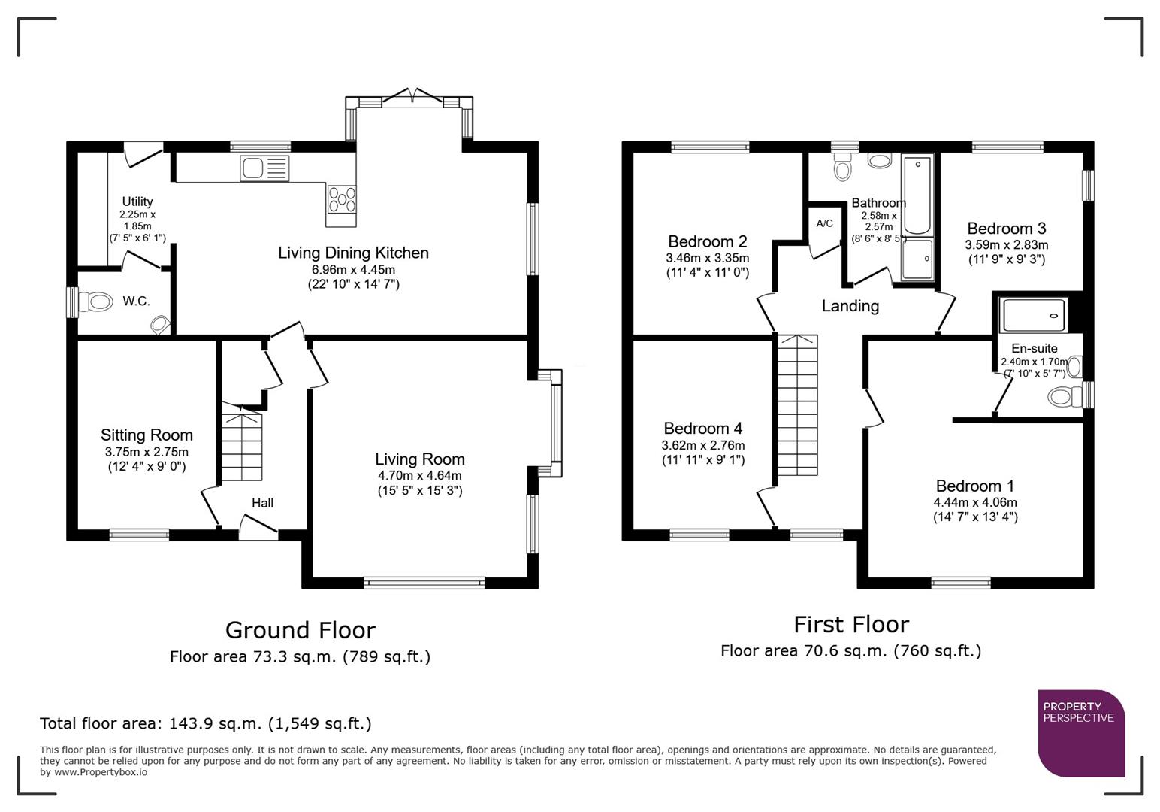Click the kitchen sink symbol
pyautogui.click(x=264, y=168)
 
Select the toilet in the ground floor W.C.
pyautogui.click(x=96, y=303)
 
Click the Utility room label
pyautogui.click(x=137, y=201)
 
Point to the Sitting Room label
pyautogui.click(x=147, y=435)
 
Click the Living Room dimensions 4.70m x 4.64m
pyautogui.click(x=419, y=475)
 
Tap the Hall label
pyautogui.click(x=262, y=503)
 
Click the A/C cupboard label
pyautogui.click(x=824, y=223)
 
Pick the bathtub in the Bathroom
pyautogui.click(x=917, y=195)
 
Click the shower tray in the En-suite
pyautogui.click(x=1034, y=315)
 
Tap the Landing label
pyautogui.click(x=850, y=306)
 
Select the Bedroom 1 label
pyautogui.click(x=974, y=486)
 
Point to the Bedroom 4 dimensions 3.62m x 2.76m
pyautogui.click(x=702, y=445)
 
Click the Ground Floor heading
pyautogui.click(x=300, y=629)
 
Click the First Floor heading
pyautogui.click(x=850, y=624)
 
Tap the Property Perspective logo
pyautogui.click(x=1080, y=732)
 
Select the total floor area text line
pyautogui.click(x=205, y=723)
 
